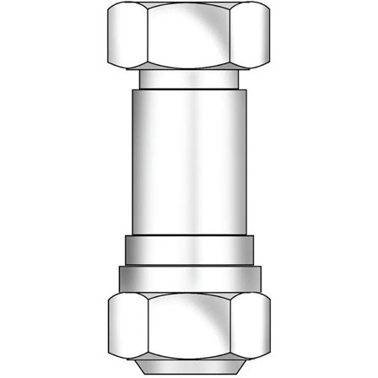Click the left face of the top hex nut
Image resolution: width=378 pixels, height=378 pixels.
[x=126, y=36]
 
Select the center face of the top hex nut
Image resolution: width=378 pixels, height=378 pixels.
[x=189, y=36]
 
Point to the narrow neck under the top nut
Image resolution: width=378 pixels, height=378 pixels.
[x=189, y=79]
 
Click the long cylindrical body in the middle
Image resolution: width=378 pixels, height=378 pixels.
[x=189, y=160]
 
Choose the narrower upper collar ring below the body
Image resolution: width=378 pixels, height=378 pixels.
[x=189, y=250]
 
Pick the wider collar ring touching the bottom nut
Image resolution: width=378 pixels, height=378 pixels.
[x=189, y=276]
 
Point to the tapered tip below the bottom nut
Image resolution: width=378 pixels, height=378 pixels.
[x=189, y=364]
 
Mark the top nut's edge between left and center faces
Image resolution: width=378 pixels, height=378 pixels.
[x=143, y=36]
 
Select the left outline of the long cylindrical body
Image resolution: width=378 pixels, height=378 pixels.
[x=132, y=160]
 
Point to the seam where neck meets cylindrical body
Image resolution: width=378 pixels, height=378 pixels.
[x=189, y=89]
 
